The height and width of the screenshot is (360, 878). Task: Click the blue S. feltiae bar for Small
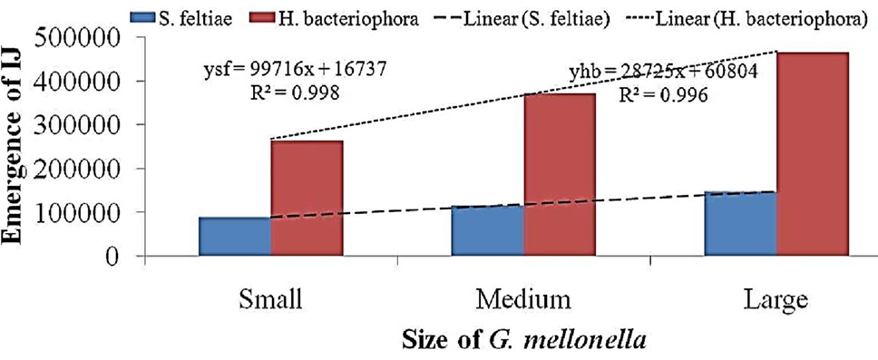(x=235, y=237)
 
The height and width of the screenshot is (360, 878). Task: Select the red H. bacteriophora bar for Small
(x=307, y=199)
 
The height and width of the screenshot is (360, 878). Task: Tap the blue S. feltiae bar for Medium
(x=488, y=230)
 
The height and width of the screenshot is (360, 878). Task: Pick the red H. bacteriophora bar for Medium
(x=560, y=175)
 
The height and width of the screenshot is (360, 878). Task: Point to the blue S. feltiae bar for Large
(x=741, y=223)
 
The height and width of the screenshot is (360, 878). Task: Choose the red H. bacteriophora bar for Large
(x=813, y=154)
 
